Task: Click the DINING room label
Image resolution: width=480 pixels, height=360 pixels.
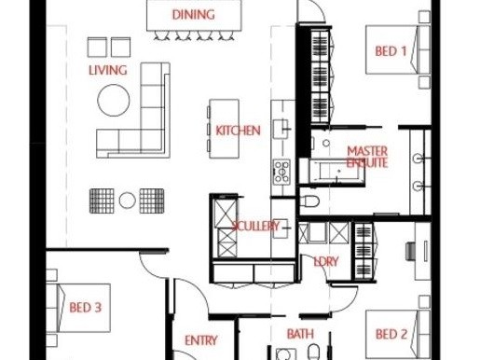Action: tap(193, 15)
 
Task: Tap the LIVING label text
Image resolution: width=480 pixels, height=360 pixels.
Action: tap(108, 70)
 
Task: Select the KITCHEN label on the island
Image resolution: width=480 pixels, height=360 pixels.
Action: tap(238, 131)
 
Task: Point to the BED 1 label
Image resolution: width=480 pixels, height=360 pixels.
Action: tap(391, 51)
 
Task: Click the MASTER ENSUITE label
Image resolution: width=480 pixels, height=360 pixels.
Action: tap(367, 157)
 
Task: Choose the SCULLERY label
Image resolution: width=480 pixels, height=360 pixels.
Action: tap(255, 226)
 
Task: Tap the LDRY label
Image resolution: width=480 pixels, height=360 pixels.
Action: tap(325, 261)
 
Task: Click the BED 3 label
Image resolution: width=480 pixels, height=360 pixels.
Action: tap(86, 308)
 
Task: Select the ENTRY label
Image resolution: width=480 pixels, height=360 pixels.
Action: tap(200, 340)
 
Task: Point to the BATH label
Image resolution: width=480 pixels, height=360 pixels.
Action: tap(300, 334)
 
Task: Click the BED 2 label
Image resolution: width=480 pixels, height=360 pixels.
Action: tap(391, 334)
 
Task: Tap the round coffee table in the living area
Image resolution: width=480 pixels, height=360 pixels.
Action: tap(114, 100)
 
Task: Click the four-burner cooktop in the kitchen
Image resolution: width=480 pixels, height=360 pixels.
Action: tap(281, 171)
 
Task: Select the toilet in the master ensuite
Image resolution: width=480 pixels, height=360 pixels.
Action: tap(311, 201)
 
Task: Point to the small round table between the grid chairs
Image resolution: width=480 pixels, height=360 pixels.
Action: tap(128, 201)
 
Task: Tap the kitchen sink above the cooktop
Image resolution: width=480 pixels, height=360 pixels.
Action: tap(281, 129)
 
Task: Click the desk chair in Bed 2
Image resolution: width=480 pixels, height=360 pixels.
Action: tap(411, 251)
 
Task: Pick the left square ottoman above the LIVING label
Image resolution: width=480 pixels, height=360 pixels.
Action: tap(97, 48)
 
